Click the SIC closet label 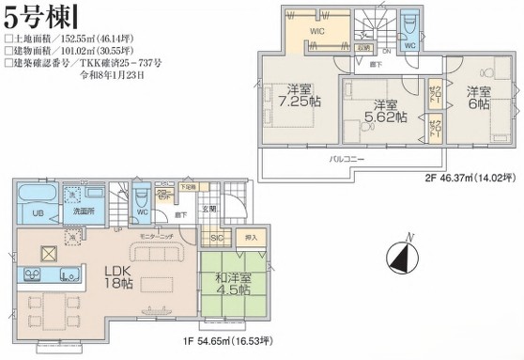point(216,239)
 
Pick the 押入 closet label point(250,239)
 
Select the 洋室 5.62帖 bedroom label point(385,110)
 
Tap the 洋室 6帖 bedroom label point(478,98)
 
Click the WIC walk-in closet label point(316,30)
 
